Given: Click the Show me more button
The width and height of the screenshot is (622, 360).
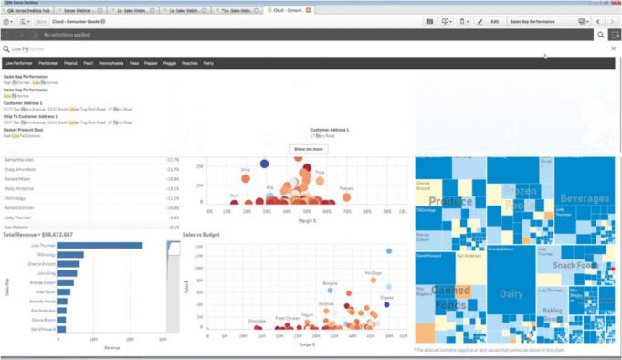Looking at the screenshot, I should coord(307,148).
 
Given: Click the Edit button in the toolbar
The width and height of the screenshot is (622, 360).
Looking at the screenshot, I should coord(492,20).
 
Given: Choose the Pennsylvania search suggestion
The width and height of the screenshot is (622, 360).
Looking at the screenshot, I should coord(111,63).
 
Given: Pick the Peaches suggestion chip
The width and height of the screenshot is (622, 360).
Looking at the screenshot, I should coord(190,63).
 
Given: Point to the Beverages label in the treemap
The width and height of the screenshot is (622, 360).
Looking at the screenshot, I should coord(585,198).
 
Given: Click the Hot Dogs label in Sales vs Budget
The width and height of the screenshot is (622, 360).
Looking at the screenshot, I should coord(373,273).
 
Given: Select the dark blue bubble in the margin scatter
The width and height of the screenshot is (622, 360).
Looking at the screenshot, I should coord(264,164).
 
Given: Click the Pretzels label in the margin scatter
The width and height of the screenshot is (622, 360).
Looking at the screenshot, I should coord(347,188).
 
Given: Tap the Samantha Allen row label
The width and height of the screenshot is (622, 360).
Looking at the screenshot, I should coord(21,160).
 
